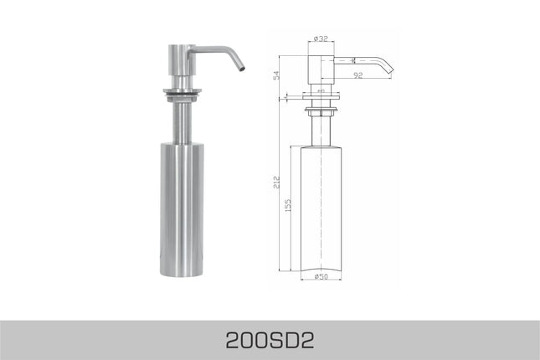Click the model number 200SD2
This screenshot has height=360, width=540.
pos(270,340)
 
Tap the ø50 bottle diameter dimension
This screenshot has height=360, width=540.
pos(321,276)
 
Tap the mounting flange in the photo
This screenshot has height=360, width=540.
pos(180,89)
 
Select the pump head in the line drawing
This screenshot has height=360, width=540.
pos(321,67)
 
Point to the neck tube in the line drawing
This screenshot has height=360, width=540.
pos(321,131)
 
